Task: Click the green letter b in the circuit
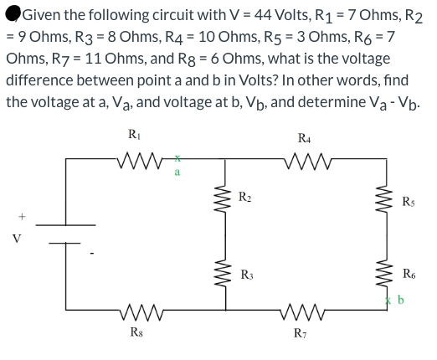click(398, 299)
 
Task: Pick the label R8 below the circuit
click(134, 339)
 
